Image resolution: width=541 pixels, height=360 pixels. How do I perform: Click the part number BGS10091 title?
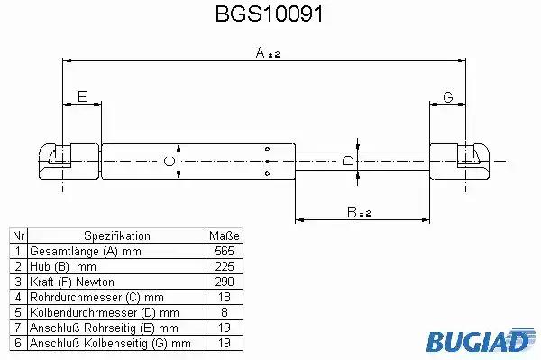[x=269, y=14]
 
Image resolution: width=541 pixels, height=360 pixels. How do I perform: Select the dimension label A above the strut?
[x=261, y=52]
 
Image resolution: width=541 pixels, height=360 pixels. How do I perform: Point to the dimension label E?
[x=82, y=97]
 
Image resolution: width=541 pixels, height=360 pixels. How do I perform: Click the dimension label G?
[x=448, y=97]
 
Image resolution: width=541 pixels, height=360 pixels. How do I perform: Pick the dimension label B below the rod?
[x=352, y=212]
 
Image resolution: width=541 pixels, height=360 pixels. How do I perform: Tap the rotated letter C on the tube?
[x=170, y=162]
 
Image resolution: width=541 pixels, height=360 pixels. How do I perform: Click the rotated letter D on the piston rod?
[x=348, y=161]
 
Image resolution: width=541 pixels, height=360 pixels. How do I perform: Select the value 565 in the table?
[x=225, y=251]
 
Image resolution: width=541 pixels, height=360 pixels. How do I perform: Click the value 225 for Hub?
[x=225, y=266]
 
